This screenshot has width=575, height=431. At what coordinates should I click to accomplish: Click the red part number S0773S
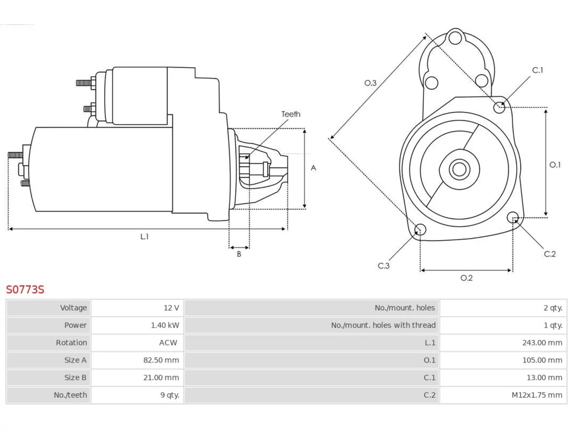point(25,290)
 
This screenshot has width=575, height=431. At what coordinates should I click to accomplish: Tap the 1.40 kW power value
point(165,325)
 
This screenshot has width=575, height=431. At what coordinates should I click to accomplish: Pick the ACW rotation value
point(168,343)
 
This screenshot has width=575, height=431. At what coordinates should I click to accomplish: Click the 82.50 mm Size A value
point(161,360)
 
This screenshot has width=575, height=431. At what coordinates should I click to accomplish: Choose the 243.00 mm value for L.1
point(542,343)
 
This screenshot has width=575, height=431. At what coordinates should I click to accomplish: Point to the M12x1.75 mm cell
point(537,395)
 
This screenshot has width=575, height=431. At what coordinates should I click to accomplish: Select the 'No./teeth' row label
point(70,395)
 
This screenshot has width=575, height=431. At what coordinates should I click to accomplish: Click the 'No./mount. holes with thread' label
point(383,325)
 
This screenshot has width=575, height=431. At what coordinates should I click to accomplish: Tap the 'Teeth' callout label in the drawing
point(291,114)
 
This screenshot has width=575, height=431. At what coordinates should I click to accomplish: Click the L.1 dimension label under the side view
point(144,237)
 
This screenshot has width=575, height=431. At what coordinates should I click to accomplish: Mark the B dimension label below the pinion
point(239,254)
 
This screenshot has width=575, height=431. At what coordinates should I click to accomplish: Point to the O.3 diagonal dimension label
point(370,83)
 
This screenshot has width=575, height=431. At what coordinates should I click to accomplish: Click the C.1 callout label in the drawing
point(538,70)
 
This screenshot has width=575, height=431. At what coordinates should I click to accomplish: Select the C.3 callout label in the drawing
point(384,266)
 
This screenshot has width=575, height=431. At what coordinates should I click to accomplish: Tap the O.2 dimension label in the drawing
point(466,278)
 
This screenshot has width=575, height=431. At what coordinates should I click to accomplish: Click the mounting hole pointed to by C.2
point(513,217)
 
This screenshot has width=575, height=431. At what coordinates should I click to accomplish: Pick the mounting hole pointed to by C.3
point(420,229)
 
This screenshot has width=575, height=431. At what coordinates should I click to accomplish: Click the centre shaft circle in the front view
point(459,169)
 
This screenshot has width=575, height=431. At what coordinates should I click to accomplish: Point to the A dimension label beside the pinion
point(313,168)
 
